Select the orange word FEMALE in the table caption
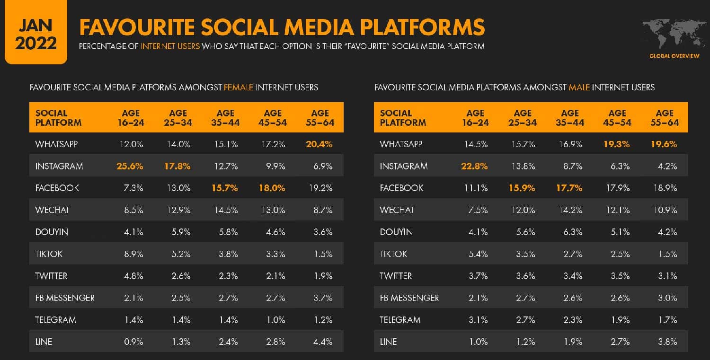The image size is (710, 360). [239, 88]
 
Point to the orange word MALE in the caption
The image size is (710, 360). [579, 88]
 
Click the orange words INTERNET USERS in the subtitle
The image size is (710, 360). [170, 46]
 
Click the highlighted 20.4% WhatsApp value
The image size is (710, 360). [320, 144]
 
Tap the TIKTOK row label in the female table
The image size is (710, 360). [49, 254]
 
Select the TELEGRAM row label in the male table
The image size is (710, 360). [400, 320]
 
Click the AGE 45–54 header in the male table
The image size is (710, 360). [617, 118]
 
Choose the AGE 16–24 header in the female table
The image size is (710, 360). [131, 118]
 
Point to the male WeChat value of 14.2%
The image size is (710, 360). [570, 210]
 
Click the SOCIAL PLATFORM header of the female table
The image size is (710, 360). [58, 118]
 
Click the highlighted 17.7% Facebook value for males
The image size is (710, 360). [570, 188]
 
